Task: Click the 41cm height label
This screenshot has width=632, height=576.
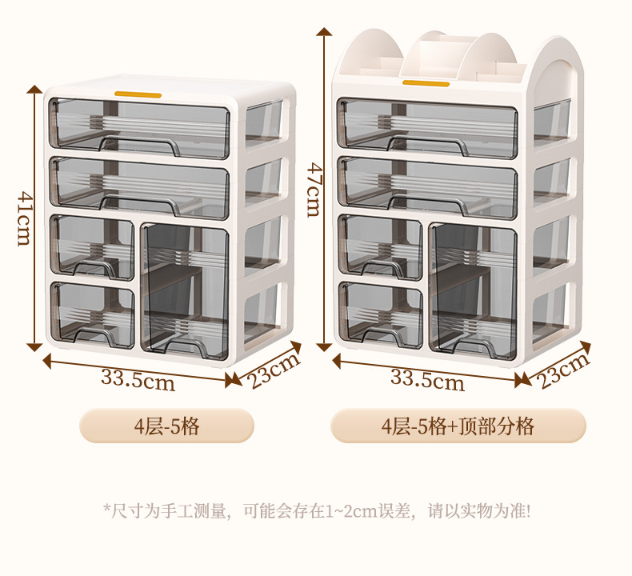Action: (24, 218)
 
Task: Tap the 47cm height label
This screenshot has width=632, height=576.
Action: (314, 190)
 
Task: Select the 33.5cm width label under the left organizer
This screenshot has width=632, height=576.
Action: (138, 381)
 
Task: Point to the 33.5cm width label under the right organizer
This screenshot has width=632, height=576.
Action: (427, 381)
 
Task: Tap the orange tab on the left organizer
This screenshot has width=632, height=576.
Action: (138, 95)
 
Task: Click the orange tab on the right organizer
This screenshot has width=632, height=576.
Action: (426, 83)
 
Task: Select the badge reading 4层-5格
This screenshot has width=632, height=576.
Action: (167, 426)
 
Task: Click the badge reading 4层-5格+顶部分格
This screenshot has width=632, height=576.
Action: (458, 426)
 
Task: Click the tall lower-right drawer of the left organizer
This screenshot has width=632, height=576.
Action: (185, 291)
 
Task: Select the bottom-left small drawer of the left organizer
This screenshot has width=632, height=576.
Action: (92, 315)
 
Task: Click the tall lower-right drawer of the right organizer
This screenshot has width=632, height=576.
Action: (473, 291)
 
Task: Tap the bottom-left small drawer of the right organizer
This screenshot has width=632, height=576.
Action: (381, 315)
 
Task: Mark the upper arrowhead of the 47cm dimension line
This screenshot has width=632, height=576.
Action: (324, 32)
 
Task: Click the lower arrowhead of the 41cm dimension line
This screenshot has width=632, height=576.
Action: (34, 346)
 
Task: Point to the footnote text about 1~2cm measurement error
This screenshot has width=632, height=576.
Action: (318, 511)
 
